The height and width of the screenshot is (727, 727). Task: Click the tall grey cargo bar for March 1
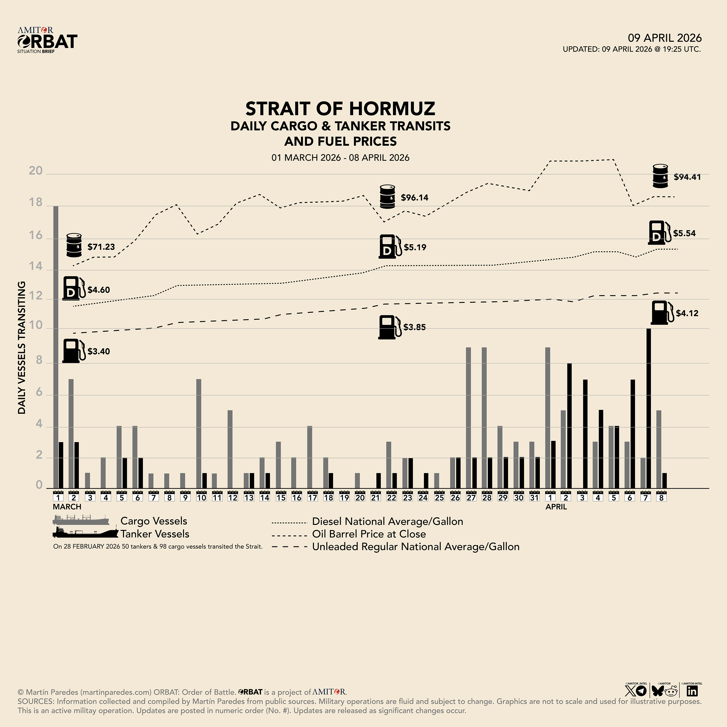(x=56, y=346)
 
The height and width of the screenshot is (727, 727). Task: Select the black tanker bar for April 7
(x=648, y=408)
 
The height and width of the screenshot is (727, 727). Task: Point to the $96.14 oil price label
(x=414, y=198)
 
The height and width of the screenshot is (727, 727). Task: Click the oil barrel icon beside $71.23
(x=74, y=245)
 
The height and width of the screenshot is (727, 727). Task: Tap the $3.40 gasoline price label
(x=99, y=352)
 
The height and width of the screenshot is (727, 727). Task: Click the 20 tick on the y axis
(x=36, y=171)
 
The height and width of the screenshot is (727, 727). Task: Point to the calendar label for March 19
(x=344, y=496)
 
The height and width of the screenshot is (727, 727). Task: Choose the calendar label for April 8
(x=661, y=496)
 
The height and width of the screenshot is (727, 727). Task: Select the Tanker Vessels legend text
(x=155, y=534)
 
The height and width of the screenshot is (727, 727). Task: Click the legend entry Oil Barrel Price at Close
(x=369, y=534)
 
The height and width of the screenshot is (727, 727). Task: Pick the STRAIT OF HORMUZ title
(x=340, y=109)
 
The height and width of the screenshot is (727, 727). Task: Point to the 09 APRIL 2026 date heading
(x=665, y=38)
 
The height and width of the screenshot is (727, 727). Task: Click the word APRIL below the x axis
(x=556, y=507)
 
